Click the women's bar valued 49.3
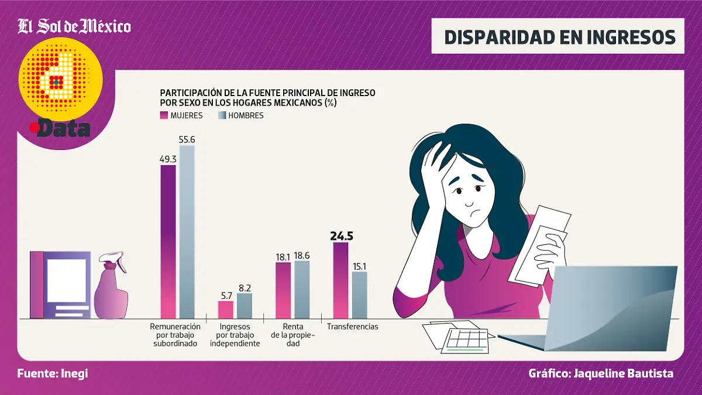(168, 241)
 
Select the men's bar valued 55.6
(187, 231)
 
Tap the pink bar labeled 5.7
(225, 309)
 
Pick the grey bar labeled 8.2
(245, 305)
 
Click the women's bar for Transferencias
(340, 280)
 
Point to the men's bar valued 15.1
(360, 295)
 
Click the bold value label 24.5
(342, 236)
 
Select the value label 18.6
(302, 256)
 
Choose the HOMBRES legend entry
(240, 115)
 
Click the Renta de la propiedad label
(292, 335)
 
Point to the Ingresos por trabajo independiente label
(235, 335)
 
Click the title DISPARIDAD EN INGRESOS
(560, 36)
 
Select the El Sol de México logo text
(74, 26)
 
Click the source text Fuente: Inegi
(53, 373)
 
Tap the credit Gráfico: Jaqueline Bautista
(601, 373)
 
